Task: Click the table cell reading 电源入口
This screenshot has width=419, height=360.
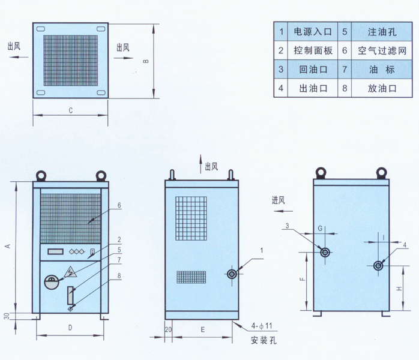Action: (x=312, y=32)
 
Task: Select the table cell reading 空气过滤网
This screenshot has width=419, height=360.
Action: (x=382, y=50)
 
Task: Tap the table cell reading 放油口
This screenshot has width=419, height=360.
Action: (x=382, y=88)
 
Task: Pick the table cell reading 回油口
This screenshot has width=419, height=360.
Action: (x=312, y=69)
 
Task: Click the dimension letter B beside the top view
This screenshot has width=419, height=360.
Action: (x=146, y=61)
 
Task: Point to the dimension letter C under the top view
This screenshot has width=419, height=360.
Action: (x=71, y=110)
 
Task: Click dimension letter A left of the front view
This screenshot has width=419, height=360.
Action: (x=8, y=246)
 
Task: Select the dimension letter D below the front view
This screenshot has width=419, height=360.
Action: (x=70, y=328)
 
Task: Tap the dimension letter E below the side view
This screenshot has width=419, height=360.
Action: (x=202, y=329)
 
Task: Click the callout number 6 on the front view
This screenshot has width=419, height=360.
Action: (x=119, y=205)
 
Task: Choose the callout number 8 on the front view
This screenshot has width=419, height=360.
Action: (x=119, y=276)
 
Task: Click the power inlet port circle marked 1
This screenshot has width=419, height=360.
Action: (x=232, y=274)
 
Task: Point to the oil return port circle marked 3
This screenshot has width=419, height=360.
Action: (x=325, y=252)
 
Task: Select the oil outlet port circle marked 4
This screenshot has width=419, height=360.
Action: (x=378, y=266)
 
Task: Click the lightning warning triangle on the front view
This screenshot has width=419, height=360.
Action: (x=70, y=272)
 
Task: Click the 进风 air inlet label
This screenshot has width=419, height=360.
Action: (x=278, y=200)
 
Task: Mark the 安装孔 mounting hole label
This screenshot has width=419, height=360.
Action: (x=264, y=340)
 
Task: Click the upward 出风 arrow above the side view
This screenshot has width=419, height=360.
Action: (x=201, y=164)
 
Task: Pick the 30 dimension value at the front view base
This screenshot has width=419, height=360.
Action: (x=7, y=316)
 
